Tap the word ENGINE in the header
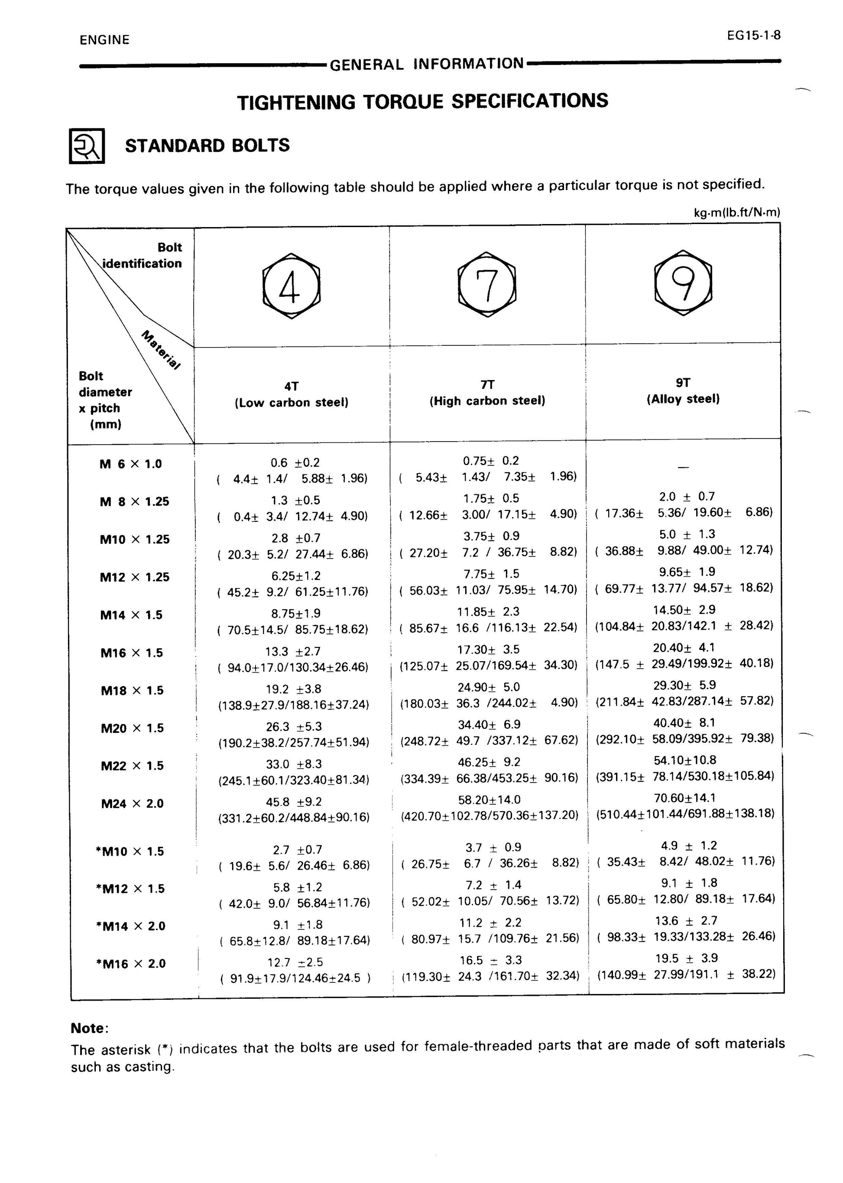(104, 40)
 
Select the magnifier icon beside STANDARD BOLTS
(87, 146)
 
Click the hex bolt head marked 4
(291, 286)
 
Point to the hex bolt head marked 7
(487, 285)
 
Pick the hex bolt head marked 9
(683, 283)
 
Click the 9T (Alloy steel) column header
(683, 391)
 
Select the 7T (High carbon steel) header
(487, 393)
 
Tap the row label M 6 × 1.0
(130, 464)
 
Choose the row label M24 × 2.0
(133, 804)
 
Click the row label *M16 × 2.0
(131, 964)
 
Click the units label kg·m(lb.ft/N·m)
(736, 212)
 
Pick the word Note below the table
(89, 1028)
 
